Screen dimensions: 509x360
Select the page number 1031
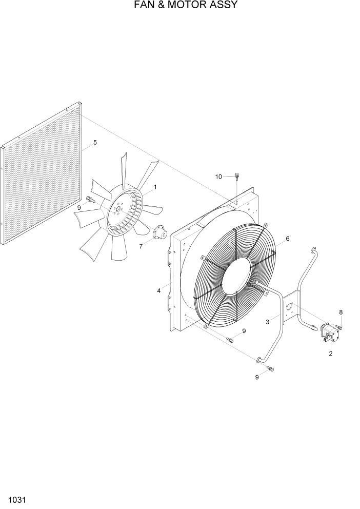point(17,499)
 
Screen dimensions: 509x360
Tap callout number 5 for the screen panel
point(95,142)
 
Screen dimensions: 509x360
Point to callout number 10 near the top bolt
point(218,177)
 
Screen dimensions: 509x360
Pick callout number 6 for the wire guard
point(288,239)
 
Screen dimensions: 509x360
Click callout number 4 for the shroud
point(159,291)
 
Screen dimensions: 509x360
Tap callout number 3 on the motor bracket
point(268,322)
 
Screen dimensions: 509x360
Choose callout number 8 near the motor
point(341,312)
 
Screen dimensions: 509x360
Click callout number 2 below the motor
point(330,354)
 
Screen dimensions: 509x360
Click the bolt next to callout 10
point(236,177)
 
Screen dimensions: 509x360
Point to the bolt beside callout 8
point(339,327)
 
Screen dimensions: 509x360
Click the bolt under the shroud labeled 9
point(230,339)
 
